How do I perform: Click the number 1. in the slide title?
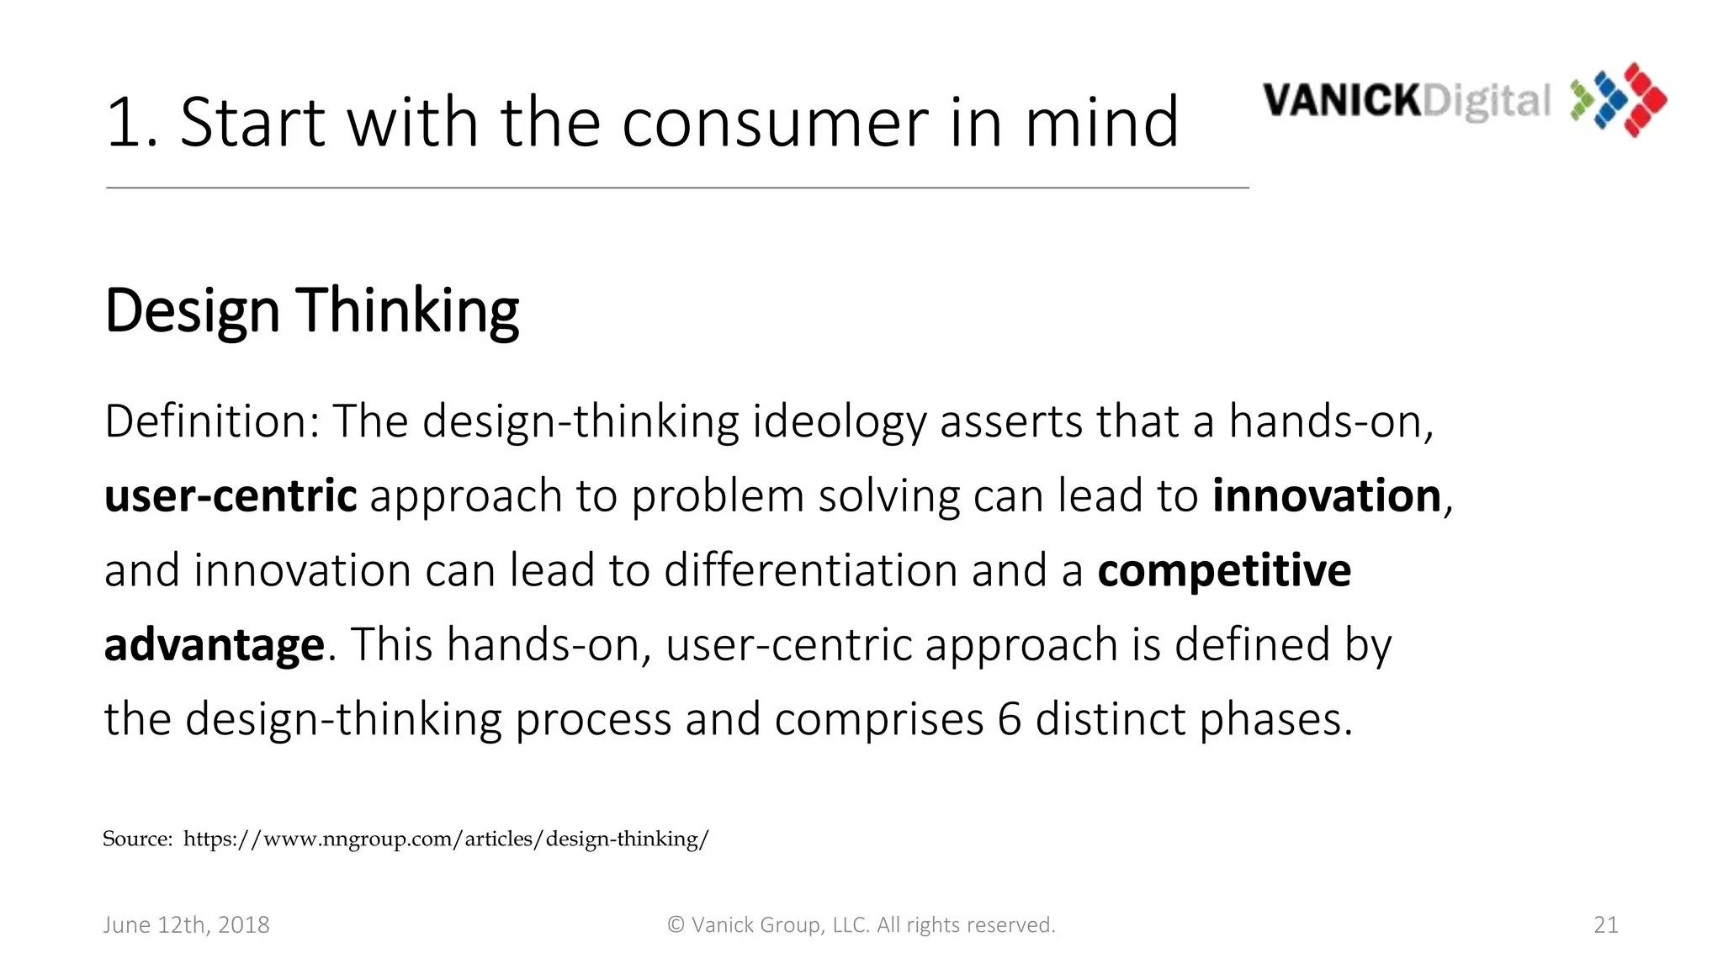[132, 123]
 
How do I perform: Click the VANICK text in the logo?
[1341, 101]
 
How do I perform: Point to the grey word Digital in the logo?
[1486, 103]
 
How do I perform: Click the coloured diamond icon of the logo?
[1619, 99]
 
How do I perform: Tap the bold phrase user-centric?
[231, 495]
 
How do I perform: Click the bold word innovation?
[1327, 495]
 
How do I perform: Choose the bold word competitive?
[1224, 570]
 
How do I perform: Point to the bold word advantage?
[214, 645]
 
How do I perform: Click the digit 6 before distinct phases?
[1009, 720]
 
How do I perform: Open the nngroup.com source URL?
[446, 839]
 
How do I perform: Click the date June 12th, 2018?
[186, 925]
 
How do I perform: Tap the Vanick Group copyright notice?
[861, 925]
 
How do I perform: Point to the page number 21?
[1605, 925]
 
